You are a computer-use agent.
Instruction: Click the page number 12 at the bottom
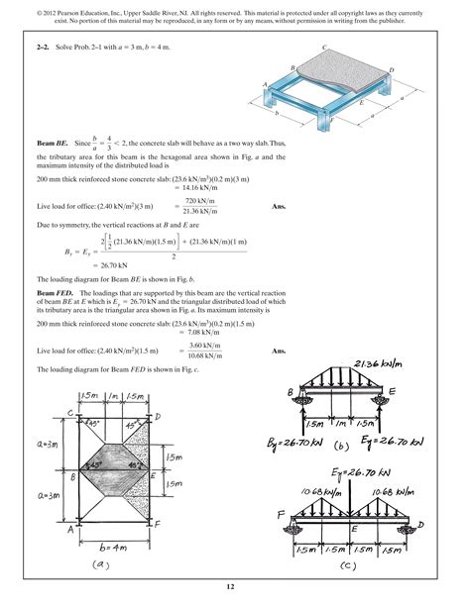tap(235, 590)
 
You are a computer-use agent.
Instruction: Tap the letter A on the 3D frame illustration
tap(266, 83)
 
